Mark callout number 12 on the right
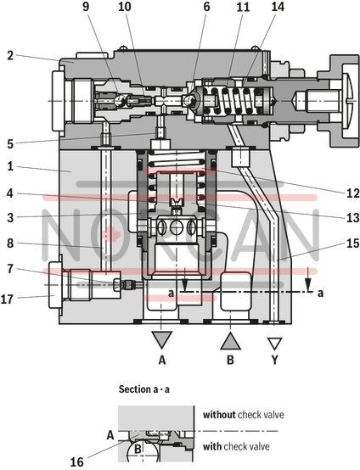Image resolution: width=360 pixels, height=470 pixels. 341,192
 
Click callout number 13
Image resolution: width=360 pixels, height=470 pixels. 341,217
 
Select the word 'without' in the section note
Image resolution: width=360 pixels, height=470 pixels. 219,415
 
